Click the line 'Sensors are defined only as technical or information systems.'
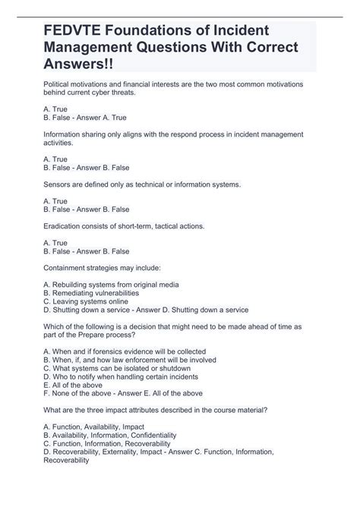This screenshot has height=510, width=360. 143,184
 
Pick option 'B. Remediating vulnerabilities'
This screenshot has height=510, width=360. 91,293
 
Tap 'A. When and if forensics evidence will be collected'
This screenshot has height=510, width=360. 125,352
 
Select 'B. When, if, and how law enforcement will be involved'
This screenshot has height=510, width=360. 131,360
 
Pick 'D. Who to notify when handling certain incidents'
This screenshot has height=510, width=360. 122,377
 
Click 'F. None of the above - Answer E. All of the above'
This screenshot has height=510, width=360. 123,394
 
